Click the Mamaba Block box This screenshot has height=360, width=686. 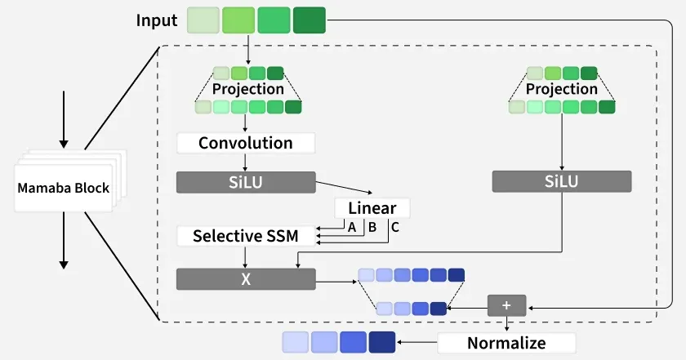tap(64, 189)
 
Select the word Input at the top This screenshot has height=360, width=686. tap(157, 20)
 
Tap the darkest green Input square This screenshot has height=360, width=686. tap(309, 20)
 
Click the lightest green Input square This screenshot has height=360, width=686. tap(203, 20)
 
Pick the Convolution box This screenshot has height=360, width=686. tap(246, 144)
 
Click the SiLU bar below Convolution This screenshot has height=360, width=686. tap(246, 181)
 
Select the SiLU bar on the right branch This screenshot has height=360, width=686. tap(561, 181)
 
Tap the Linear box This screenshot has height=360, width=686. tap(372, 208)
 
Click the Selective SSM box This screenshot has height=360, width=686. tap(246, 237)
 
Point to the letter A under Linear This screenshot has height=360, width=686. tap(352, 227)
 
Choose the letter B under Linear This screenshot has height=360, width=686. tap(372, 227)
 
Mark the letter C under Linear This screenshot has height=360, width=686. tap(394, 227)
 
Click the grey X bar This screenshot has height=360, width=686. tap(246, 279)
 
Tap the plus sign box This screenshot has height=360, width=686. tap(506, 305)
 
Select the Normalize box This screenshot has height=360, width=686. tap(506, 343)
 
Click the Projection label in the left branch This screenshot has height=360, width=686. tap(248, 89)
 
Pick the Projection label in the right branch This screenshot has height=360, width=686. tap(561, 89)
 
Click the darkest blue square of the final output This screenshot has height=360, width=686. tap(382, 343)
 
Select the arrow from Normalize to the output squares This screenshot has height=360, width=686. tap(417, 343)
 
